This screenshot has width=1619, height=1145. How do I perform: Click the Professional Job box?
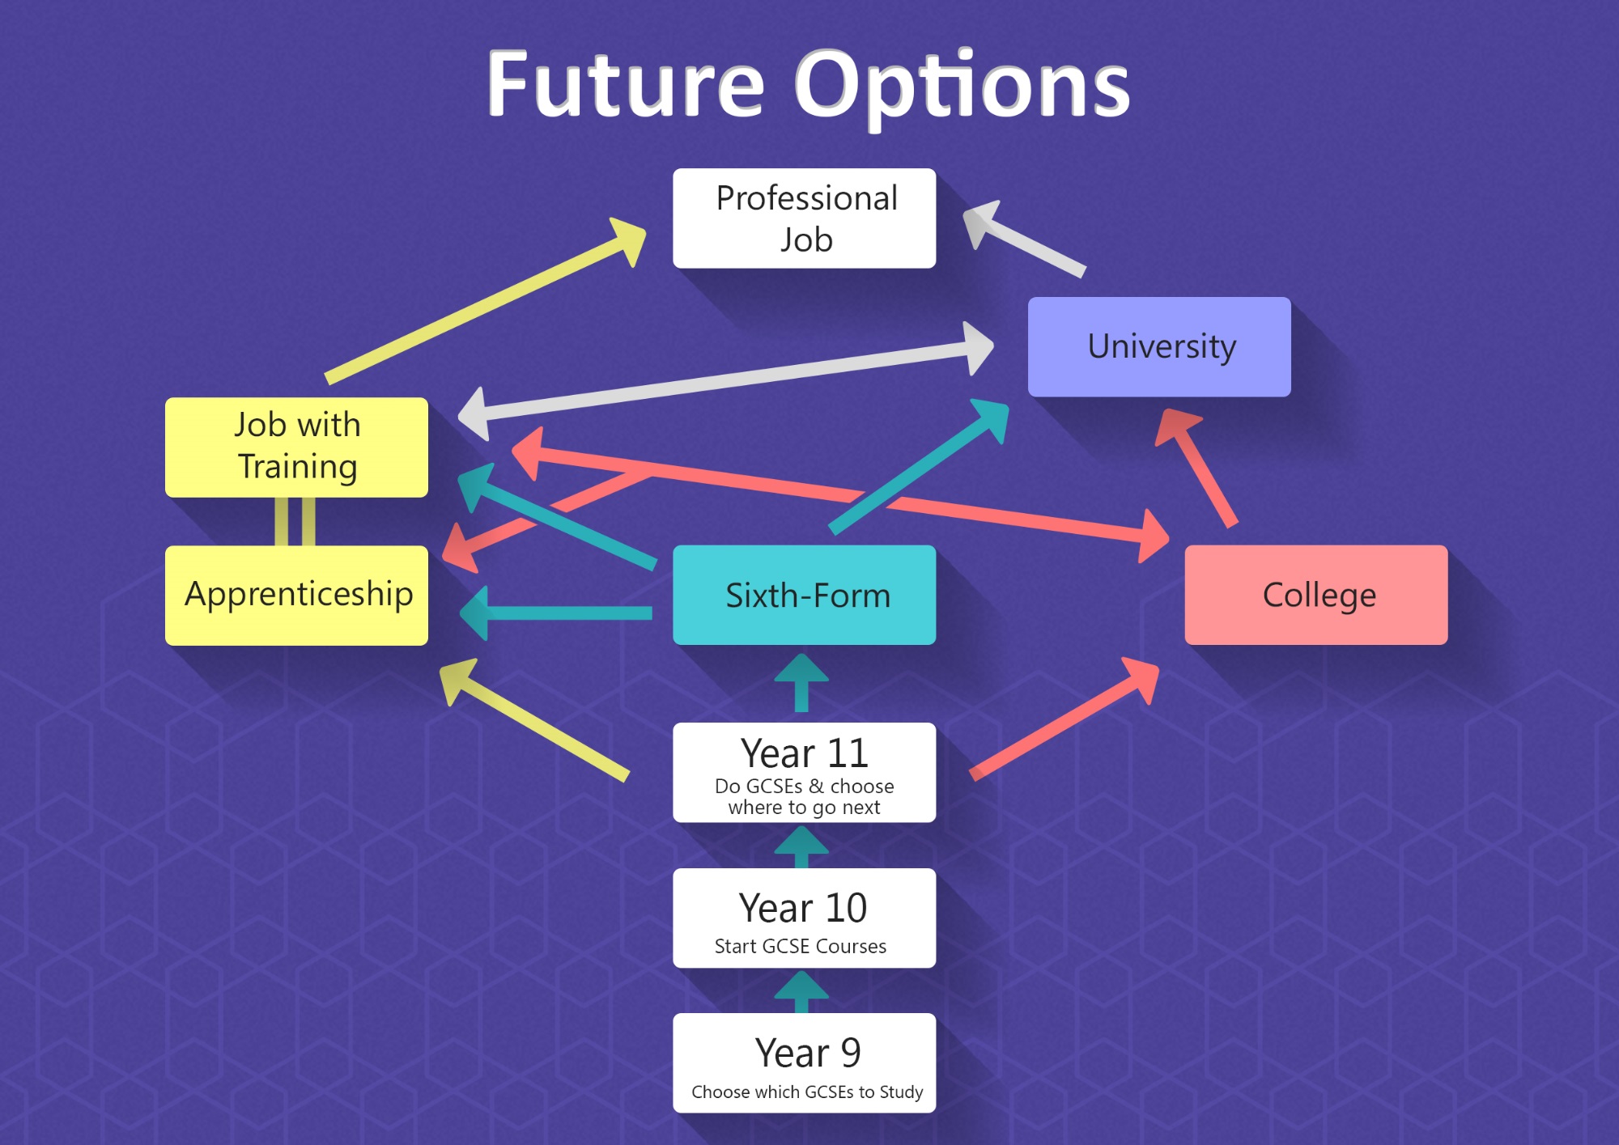[x=804, y=218]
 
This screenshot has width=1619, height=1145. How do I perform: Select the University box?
[x=1159, y=346]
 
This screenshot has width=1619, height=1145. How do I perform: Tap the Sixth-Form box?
[x=804, y=595]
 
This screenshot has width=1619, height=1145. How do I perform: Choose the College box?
[x=1316, y=595]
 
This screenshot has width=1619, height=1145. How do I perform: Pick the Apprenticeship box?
[x=296, y=596]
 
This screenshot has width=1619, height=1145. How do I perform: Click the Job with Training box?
[x=296, y=447]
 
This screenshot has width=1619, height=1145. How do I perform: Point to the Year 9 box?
[x=804, y=1062]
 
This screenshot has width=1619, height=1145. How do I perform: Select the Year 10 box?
[x=804, y=918]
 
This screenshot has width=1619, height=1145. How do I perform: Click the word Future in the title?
[x=626, y=83]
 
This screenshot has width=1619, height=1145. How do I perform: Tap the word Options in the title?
[x=962, y=87]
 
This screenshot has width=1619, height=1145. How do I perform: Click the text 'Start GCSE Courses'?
[x=801, y=946]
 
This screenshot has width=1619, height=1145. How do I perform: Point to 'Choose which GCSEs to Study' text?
[x=807, y=1092]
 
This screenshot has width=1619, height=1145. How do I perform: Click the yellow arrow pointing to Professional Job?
[x=486, y=300]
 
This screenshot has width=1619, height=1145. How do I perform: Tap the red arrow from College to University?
[x=1195, y=468]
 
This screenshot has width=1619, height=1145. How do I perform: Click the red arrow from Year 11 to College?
[x=1064, y=719]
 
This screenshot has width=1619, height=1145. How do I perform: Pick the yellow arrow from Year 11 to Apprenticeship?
[x=534, y=720]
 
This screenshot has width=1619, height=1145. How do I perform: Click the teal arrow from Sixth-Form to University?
[x=920, y=467]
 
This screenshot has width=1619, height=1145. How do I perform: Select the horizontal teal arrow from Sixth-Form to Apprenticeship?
[x=556, y=613]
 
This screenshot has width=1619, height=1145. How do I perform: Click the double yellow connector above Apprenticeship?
[x=295, y=522]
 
